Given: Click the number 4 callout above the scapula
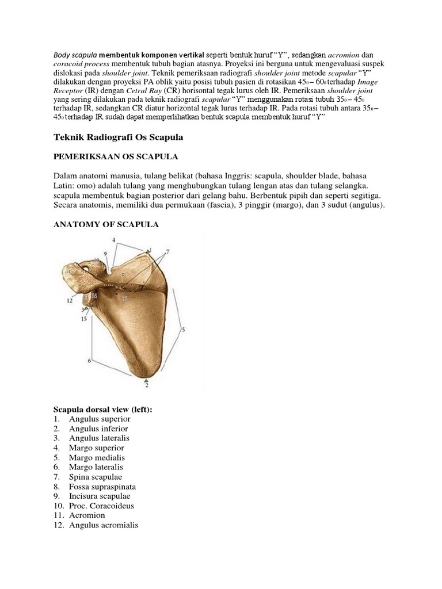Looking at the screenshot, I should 113,239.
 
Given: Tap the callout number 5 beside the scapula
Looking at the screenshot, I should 184,330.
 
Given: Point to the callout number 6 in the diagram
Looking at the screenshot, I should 90,361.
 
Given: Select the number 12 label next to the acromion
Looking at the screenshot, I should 68,300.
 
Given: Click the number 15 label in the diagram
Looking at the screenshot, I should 84,318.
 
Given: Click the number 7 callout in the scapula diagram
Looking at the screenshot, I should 168,252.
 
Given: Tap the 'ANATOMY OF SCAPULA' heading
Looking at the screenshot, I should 106,225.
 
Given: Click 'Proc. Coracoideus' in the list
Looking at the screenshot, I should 101,506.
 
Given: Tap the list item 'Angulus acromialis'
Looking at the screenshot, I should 104,525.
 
